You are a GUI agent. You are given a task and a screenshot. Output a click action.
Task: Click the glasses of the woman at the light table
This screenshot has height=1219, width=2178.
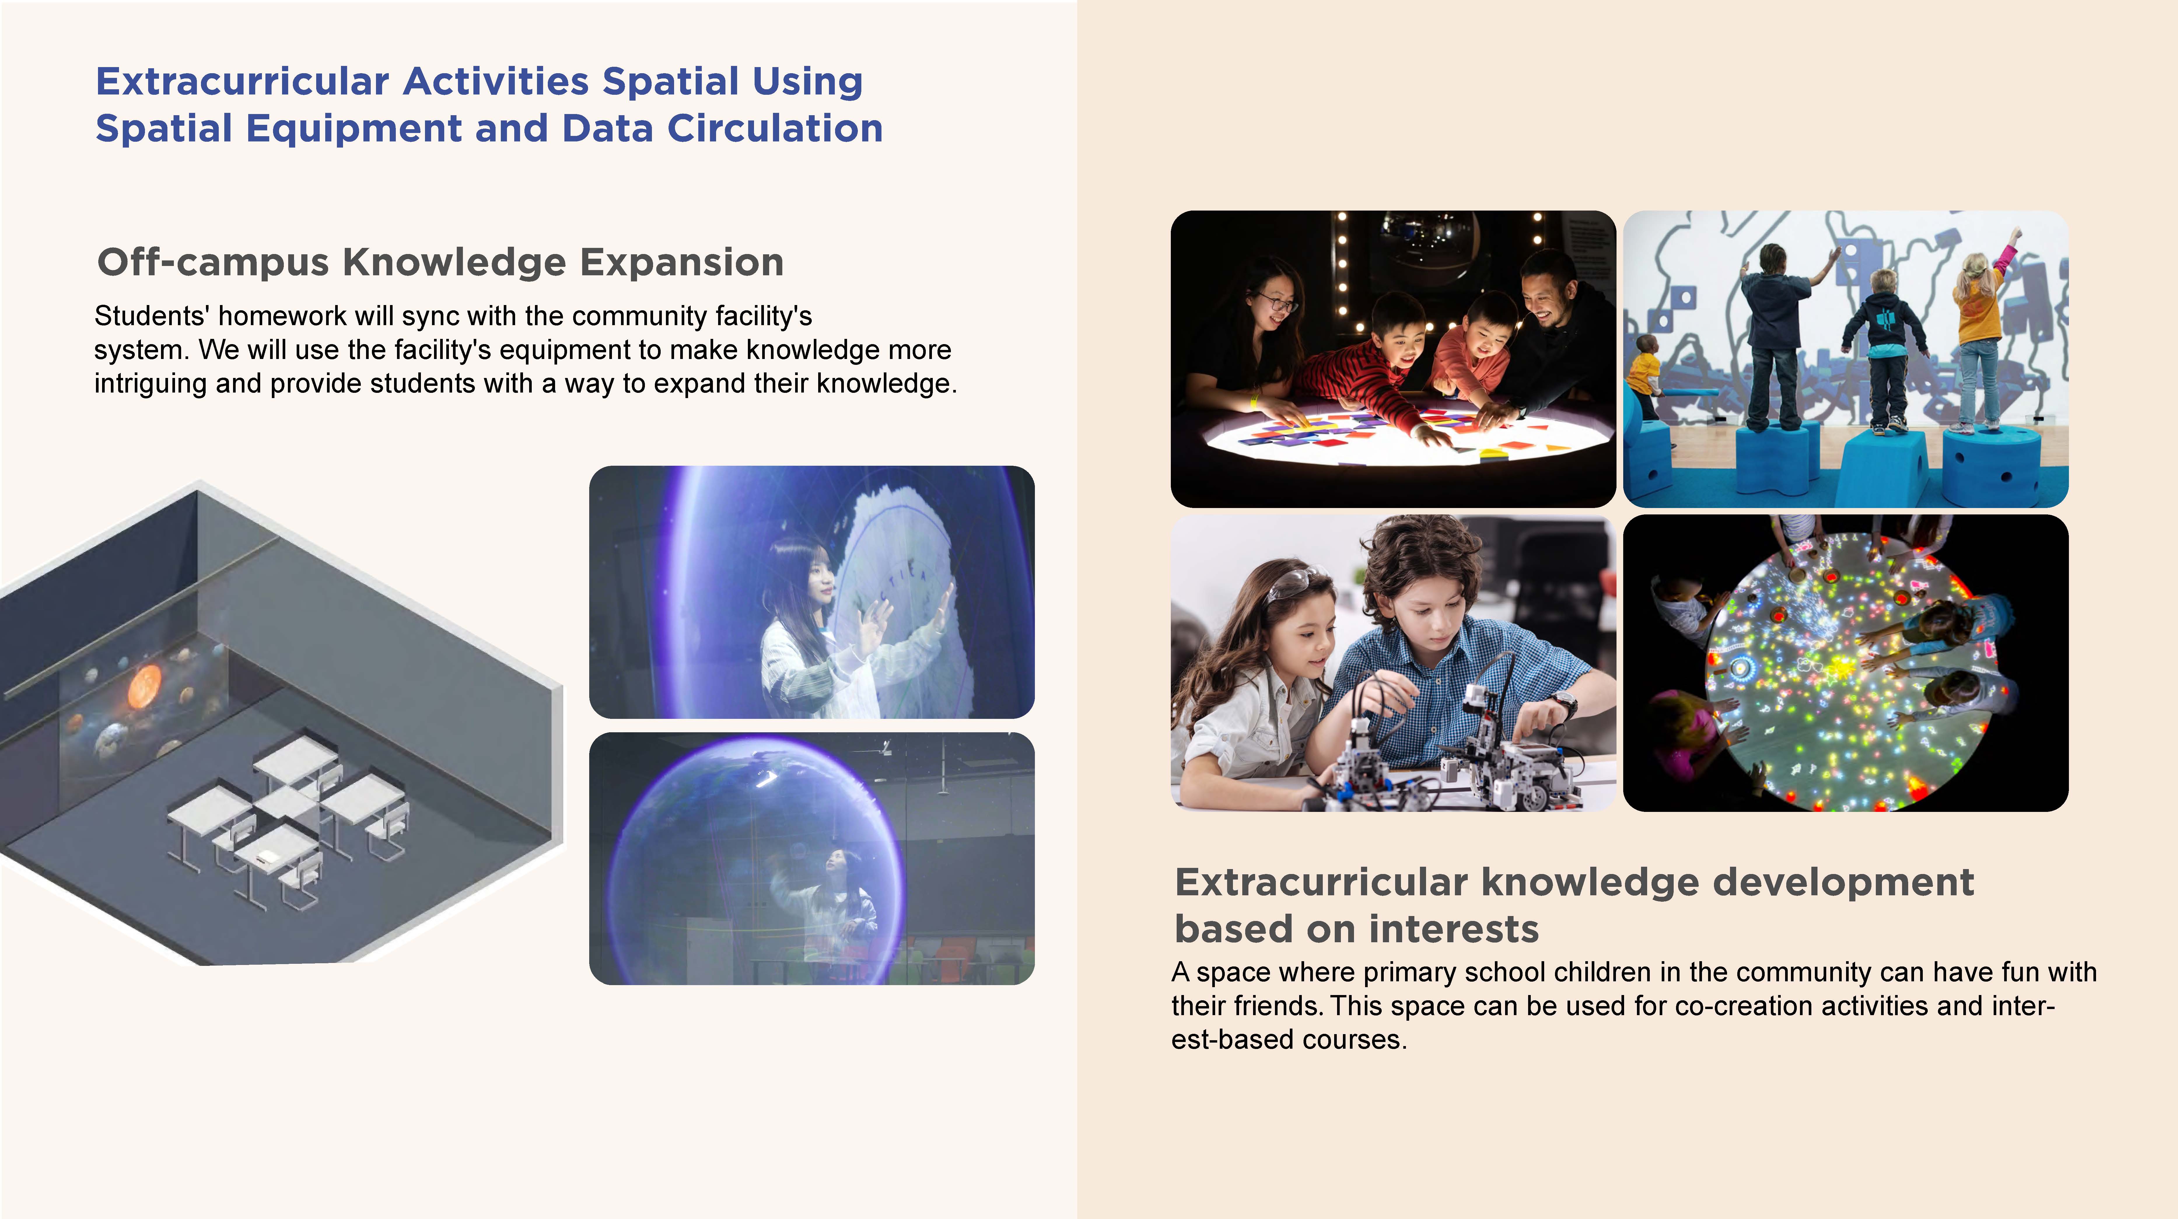pos(1277,302)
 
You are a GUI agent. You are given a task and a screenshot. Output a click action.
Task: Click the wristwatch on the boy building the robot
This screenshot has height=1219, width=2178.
pos(1563,702)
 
